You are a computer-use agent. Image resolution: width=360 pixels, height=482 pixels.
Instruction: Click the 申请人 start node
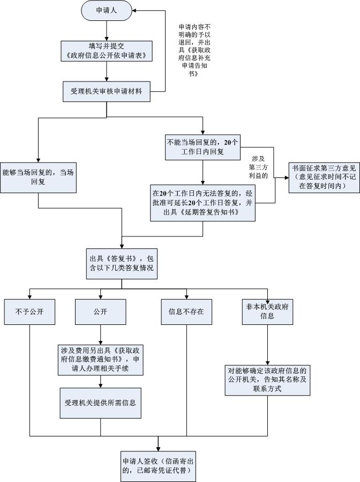[x=107, y=11]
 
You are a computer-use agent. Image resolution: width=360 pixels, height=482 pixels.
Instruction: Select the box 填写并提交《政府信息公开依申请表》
[x=107, y=51]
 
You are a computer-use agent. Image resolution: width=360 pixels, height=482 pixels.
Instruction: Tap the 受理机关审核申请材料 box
[x=107, y=91]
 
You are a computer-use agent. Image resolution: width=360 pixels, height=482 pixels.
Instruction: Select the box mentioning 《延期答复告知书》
[x=203, y=203]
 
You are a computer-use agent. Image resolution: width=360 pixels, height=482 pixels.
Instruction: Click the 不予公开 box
[x=29, y=312]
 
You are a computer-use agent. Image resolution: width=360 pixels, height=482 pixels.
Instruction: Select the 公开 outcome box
[x=101, y=312]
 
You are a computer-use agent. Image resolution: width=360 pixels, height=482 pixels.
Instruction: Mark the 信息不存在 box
[x=186, y=312]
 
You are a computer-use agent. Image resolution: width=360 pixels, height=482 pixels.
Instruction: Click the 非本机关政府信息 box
[x=267, y=312]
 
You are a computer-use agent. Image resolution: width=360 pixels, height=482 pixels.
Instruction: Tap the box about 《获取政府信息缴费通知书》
[x=101, y=359]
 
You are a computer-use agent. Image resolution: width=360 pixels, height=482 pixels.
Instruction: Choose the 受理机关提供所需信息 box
[x=101, y=402]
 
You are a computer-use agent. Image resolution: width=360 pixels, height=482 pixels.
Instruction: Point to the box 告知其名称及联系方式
[x=267, y=380]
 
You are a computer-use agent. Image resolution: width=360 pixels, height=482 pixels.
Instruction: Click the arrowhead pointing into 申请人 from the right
[x=136, y=10]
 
